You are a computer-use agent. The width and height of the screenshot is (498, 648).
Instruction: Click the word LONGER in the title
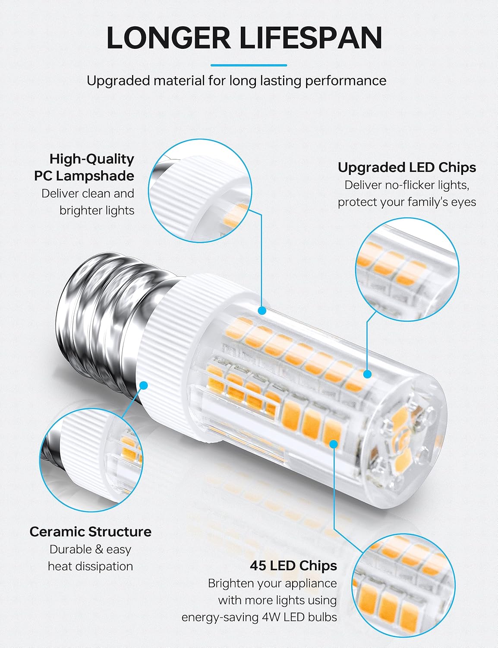pos(169,38)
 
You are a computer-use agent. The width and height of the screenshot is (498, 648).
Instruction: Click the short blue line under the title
pos(249,65)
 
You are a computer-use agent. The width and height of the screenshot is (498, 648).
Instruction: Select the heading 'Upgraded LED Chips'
pos(407,168)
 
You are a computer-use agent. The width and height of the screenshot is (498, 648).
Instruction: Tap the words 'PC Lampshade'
pos(84,176)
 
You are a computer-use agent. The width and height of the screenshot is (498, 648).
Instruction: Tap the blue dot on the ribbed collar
pos(144,386)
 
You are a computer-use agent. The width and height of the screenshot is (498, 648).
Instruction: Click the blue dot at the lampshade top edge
pos(262,311)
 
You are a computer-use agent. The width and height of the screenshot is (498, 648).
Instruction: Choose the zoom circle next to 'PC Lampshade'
pos(200,191)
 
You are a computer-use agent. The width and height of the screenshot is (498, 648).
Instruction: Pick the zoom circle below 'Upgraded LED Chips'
pos(407,269)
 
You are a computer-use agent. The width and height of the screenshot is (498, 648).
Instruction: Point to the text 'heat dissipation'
pos(91,566)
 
